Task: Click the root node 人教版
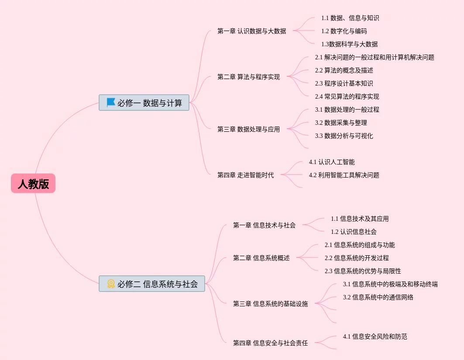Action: tap(33, 184)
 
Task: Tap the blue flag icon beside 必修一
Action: tap(111, 103)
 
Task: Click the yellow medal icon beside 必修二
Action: tap(111, 284)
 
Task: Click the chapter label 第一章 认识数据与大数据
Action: tap(251, 31)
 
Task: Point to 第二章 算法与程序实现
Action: tap(248, 77)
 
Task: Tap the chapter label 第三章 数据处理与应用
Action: tap(248, 129)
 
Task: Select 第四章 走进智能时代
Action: tap(245, 175)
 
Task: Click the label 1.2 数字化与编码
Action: tap(344, 31)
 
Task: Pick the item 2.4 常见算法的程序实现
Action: tap(347, 96)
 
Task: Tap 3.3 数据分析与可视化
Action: tap(344, 136)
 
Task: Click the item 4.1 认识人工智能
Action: tap(332, 162)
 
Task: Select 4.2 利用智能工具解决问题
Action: tap(344, 175)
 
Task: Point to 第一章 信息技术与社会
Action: tap(264, 225)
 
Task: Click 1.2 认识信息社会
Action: tap(354, 232)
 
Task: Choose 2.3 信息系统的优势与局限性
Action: tap(363, 271)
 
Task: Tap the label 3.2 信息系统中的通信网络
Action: tap(378, 297)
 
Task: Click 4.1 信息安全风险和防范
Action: tap(375, 336)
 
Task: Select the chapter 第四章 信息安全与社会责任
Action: tap(270, 343)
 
